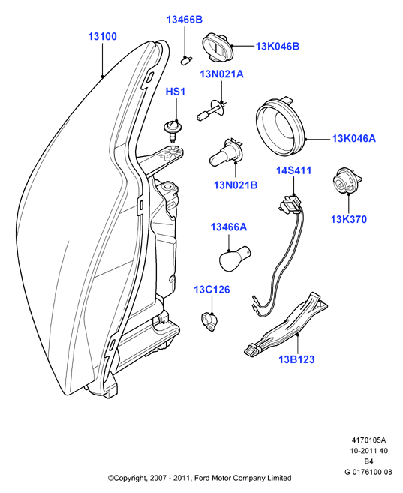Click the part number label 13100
click(102, 37)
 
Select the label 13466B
click(185, 20)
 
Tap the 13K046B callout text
click(278, 47)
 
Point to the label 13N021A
click(222, 74)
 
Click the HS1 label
click(176, 92)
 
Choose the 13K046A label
click(354, 138)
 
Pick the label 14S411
click(294, 170)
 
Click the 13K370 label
click(349, 219)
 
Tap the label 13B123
click(296, 359)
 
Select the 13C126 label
click(212, 290)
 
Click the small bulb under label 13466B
click(186, 60)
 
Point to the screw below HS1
click(171, 130)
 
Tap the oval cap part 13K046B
click(218, 48)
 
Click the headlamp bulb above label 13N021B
click(224, 153)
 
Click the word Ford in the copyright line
click(203, 478)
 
